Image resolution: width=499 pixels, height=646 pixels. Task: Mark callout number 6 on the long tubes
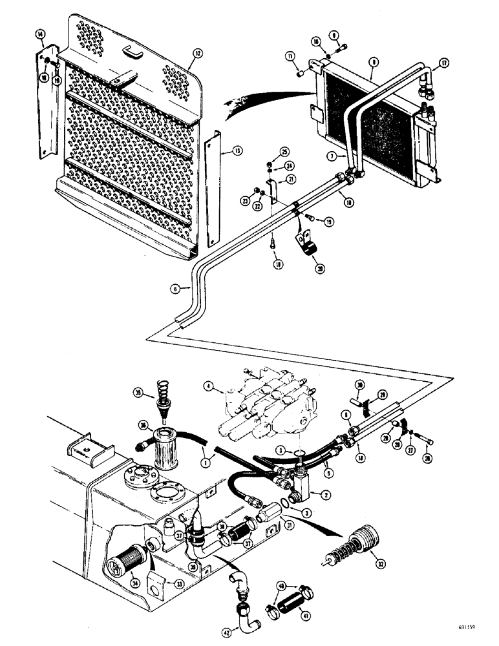[x=175, y=290]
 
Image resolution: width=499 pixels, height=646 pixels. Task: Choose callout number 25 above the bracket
[x=284, y=152]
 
